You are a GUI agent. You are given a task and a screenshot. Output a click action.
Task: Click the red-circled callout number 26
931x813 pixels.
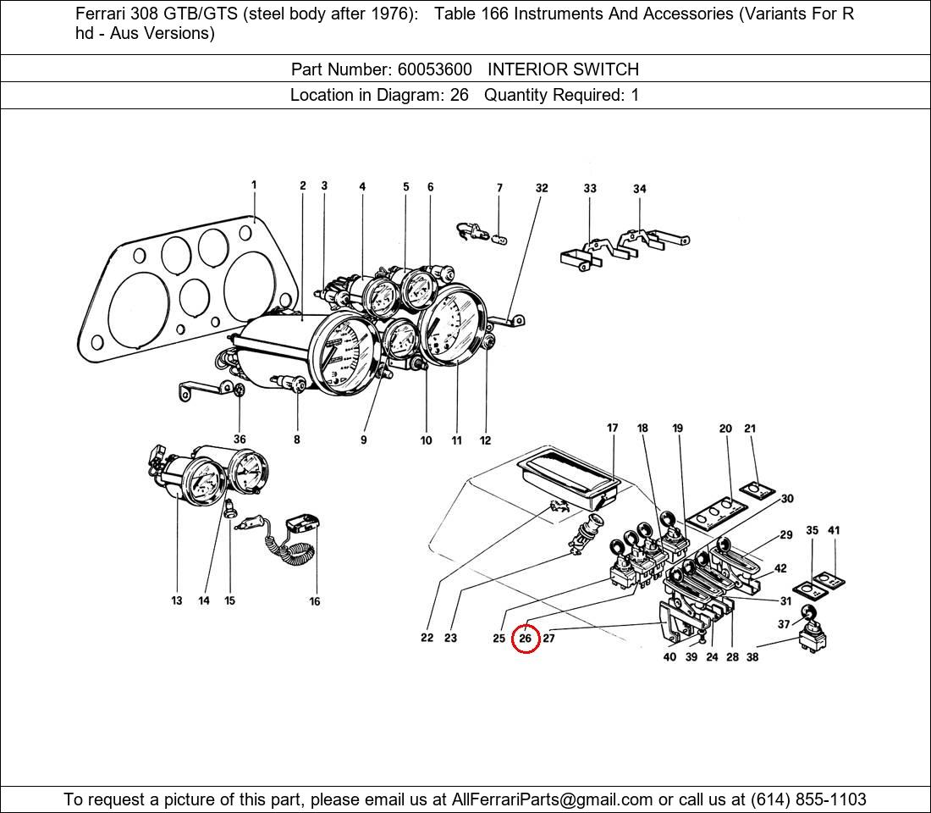(x=526, y=638)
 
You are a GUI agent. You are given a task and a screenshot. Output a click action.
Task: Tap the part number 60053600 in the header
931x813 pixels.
(x=434, y=69)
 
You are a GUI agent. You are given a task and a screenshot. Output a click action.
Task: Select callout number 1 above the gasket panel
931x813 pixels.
(x=254, y=185)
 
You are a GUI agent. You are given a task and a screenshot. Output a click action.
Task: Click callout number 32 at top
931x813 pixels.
(x=542, y=188)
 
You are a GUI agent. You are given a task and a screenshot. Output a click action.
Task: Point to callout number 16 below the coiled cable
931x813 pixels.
(x=315, y=601)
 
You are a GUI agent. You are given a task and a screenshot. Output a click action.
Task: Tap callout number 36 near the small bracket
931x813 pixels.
(x=240, y=440)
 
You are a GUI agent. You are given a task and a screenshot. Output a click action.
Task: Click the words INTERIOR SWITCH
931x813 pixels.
(x=563, y=69)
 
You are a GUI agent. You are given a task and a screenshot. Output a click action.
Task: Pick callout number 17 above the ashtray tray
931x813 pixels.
(x=613, y=429)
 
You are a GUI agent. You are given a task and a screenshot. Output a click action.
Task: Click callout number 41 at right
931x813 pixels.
(x=834, y=531)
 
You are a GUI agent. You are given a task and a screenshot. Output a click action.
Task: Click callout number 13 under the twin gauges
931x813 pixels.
(x=176, y=600)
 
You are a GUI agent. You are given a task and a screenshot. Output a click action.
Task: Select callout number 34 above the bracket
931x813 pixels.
(x=640, y=189)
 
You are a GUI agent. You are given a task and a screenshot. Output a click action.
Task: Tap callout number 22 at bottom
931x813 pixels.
(x=427, y=638)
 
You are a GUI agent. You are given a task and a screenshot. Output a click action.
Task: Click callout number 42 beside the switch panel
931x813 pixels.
(x=780, y=568)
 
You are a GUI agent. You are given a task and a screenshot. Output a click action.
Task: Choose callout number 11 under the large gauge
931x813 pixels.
(x=456, y=440)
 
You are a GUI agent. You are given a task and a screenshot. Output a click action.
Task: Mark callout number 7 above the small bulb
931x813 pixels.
(x=499, y=188)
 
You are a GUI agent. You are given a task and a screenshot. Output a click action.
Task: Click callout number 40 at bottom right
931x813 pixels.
(x=669, y=657)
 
